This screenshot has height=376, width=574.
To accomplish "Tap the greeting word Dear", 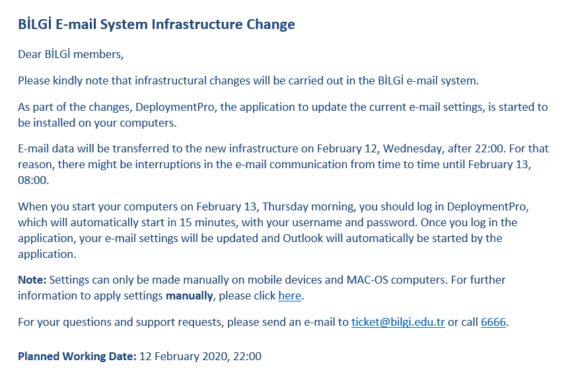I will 30,54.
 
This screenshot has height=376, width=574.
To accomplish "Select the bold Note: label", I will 32,280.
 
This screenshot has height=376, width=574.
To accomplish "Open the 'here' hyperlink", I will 289,296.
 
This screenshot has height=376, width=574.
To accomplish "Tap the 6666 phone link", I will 493,323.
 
